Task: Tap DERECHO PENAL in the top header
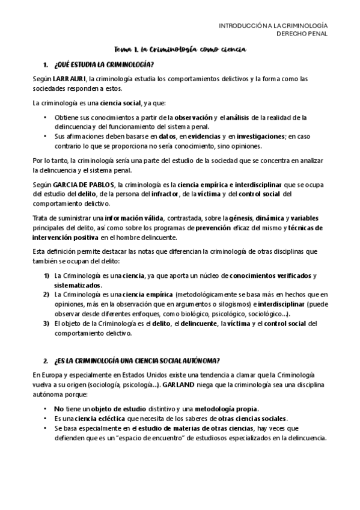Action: pyautogui.click(x=302, y=34)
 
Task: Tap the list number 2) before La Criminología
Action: pyautogui.click(x=46, y=295)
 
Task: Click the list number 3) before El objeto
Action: pyautogui.click(x=46, y=324)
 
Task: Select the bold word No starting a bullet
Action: pyautogui.click(x=59, y=409)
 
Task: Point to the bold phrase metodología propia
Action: pyautogui.click(x=224, y=409)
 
